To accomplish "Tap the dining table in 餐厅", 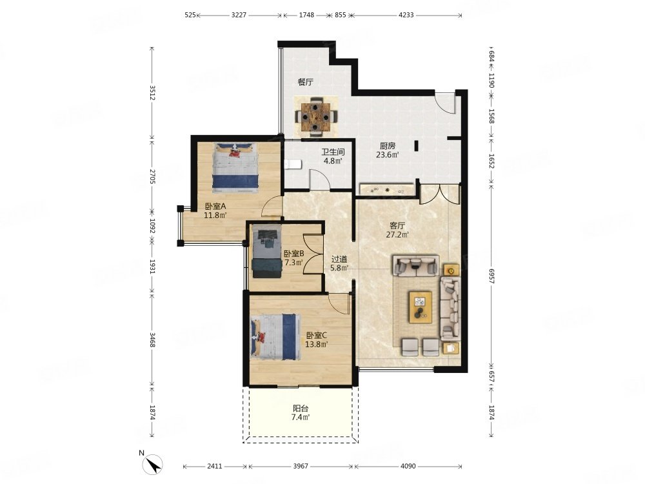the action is (315, 117).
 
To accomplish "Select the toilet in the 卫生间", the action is (293, 165).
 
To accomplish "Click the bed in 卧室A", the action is (235, 168).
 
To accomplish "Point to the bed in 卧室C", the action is (273, 337).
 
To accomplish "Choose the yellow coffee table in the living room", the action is (420, 307).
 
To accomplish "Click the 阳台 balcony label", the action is (301, 408).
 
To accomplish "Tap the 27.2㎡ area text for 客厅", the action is (397, 235).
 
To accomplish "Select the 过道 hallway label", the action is (339, 259).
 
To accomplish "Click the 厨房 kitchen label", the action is (388, 146).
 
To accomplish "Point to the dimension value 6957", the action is (491, 276).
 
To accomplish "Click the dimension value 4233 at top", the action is (406, 15).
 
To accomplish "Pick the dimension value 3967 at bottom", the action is (301, 467).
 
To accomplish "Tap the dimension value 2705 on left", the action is (152, 177).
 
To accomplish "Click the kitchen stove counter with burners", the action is (386, 189).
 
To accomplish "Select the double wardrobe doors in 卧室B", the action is (313, 254).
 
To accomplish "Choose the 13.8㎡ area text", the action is (316, 345).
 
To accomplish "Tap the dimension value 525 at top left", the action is (190, 15).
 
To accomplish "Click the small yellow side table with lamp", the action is (451, 271).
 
